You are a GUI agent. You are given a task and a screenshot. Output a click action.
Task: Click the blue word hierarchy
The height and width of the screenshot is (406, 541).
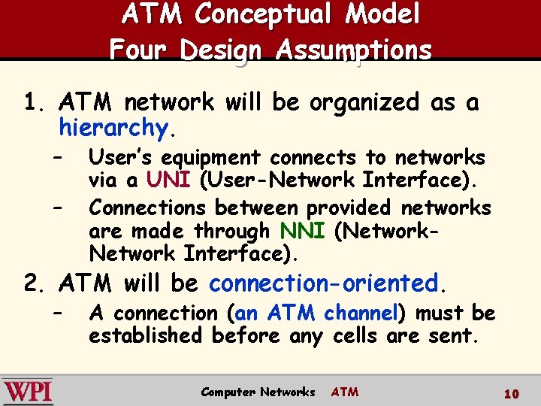click(x=113, y=129)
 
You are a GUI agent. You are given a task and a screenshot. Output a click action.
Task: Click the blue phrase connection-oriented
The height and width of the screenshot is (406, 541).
click(x=323, y=283)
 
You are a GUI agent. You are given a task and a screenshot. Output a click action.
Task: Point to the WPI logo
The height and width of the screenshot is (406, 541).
click(x=28, y=392)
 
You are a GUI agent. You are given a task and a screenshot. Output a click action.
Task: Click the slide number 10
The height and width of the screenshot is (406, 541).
click(x=512, y=393)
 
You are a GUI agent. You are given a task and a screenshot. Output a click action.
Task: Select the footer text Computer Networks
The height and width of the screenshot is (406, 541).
click(x=258, y=392)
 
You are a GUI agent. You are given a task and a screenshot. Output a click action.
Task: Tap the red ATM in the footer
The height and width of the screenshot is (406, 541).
click(x=345, y=392)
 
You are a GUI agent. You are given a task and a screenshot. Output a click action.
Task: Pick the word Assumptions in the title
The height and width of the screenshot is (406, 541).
click(x=354, y=50)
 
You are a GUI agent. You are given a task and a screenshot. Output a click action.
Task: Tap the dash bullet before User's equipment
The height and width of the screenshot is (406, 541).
click(x=57, y=158)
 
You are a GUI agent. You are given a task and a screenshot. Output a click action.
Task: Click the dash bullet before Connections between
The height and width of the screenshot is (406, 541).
click(x=57, y=207)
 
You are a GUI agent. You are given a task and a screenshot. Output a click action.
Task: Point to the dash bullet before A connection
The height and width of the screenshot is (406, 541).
click(x=57, y=313)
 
